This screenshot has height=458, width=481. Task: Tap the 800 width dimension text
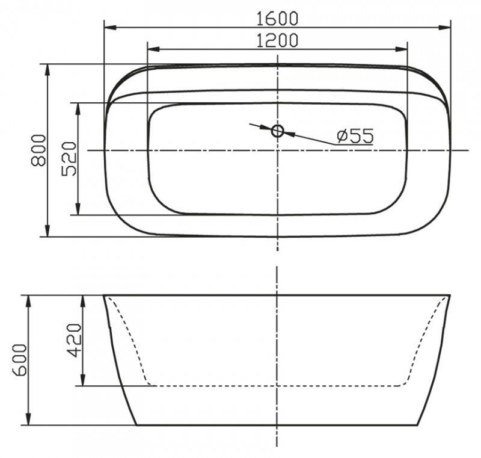click(38, 150)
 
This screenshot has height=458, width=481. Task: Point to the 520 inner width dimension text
click(69, 159)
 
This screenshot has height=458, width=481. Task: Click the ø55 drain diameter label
click(354, 136)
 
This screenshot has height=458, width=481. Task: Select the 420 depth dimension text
click(73, 340)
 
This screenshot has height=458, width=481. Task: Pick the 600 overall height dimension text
click(19, 360)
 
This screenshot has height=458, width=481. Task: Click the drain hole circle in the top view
click(277, 131)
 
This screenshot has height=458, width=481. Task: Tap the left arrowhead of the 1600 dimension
click(109, 27)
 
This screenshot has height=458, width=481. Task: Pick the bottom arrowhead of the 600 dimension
click(28, 419)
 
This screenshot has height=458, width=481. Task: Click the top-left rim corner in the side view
click(104, 296)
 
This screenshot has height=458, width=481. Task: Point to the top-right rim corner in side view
click(450, 296)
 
